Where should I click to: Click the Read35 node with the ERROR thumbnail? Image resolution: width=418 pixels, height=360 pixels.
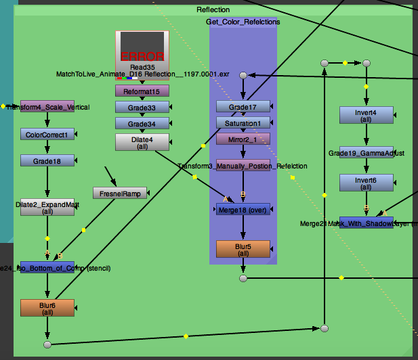(x=142, y=49)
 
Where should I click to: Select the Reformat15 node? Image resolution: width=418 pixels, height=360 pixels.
(x=142, y=91)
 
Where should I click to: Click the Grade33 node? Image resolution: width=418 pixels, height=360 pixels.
(x=142, y=107)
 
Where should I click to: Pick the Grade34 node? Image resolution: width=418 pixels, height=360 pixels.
(x=142, y=123)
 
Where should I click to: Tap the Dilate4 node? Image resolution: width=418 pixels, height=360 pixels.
(x=142, y=142)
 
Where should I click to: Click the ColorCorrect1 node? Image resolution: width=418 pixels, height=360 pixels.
(x=47, y=134)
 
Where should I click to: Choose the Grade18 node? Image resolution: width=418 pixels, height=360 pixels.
(x=47, y=160)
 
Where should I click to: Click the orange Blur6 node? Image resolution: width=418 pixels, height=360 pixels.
(x=47, y=308)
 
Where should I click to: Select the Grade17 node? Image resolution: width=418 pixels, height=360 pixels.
(x=243, y=106)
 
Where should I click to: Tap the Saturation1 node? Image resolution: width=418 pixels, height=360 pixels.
(x=243, y=122)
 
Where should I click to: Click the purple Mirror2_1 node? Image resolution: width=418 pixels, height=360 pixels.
(x=243, y=139)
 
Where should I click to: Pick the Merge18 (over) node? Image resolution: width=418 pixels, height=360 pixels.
(x=243, y=209)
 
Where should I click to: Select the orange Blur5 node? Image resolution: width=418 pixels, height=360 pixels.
(x=243, y=249)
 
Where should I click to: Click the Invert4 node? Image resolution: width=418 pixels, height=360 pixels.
(x=366, y=115)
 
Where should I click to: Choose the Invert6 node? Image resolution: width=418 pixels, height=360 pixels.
(x=366, y=183)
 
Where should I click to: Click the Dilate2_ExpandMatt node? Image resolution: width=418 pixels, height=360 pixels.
(x=47, y=206)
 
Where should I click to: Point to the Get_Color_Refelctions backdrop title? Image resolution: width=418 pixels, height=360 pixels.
(x=243, y=22)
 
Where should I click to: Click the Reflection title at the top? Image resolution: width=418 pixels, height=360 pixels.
(x=213, y=9)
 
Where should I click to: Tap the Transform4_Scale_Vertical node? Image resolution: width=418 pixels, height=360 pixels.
(x=47, y=107)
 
